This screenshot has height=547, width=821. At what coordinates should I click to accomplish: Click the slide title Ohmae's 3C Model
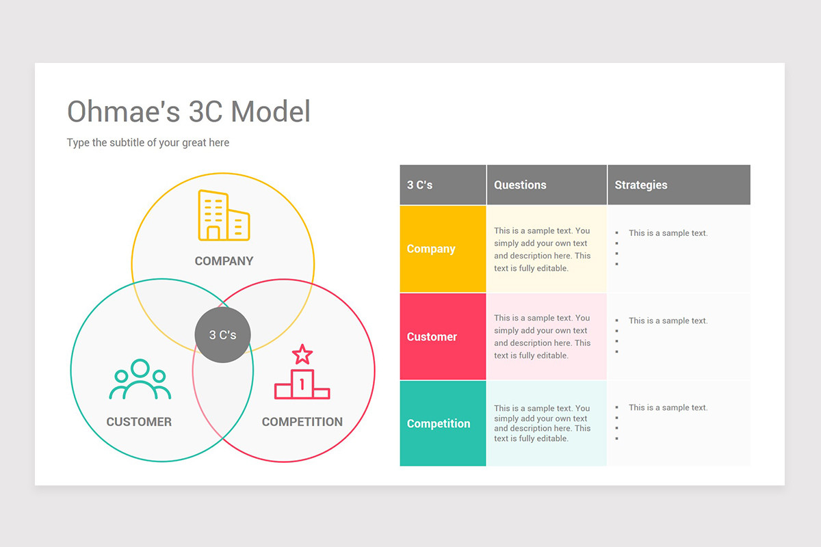[189, 111]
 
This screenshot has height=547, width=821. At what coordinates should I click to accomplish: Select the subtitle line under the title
[148, 142]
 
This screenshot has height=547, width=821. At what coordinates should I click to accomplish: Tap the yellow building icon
[224, 215]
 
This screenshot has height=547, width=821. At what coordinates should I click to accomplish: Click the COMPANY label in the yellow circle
[224, 261]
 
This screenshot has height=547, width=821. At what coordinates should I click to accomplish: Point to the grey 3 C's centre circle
[222, 334]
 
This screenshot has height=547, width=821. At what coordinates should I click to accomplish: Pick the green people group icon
[140, 379]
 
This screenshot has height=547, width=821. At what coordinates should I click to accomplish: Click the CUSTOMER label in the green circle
[139, 422]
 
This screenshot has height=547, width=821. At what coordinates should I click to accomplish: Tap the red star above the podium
[302, 354]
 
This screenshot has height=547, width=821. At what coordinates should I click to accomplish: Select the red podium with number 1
[302, 384]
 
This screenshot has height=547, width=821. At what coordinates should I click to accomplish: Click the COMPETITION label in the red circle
[302, 422]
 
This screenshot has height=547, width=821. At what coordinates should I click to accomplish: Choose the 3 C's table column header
[419, 185]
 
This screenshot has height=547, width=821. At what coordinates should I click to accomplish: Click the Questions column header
[520, 185]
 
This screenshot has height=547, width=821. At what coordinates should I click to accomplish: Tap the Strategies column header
[641, 185]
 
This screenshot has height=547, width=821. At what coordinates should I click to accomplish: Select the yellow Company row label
[431, 249]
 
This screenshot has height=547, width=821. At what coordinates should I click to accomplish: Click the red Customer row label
[432, 336]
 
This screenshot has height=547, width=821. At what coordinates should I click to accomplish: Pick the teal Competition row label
[439, 423]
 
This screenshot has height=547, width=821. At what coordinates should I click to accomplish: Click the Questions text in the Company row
[542, 249]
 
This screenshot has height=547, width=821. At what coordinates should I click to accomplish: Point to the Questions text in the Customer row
[542, 336]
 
